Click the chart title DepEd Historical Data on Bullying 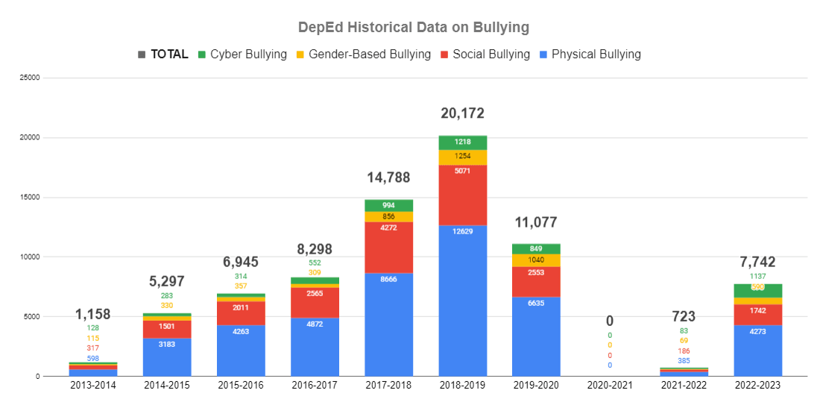[x=413, y=28]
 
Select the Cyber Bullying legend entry [x=242, y=54]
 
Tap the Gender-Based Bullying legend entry [x=362, y=54]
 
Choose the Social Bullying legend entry [x=484, y=54]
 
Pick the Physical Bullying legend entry [x=589, y=54]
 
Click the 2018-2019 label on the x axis [x=462, y=386]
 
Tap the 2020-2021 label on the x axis [x=610, y=386]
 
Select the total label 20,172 [x=462, y=113]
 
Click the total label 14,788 [x=388, y=178]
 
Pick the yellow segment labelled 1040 [x=536, y=260]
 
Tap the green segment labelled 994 [x=388, y=205]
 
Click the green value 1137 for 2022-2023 [x=757, y=276]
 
